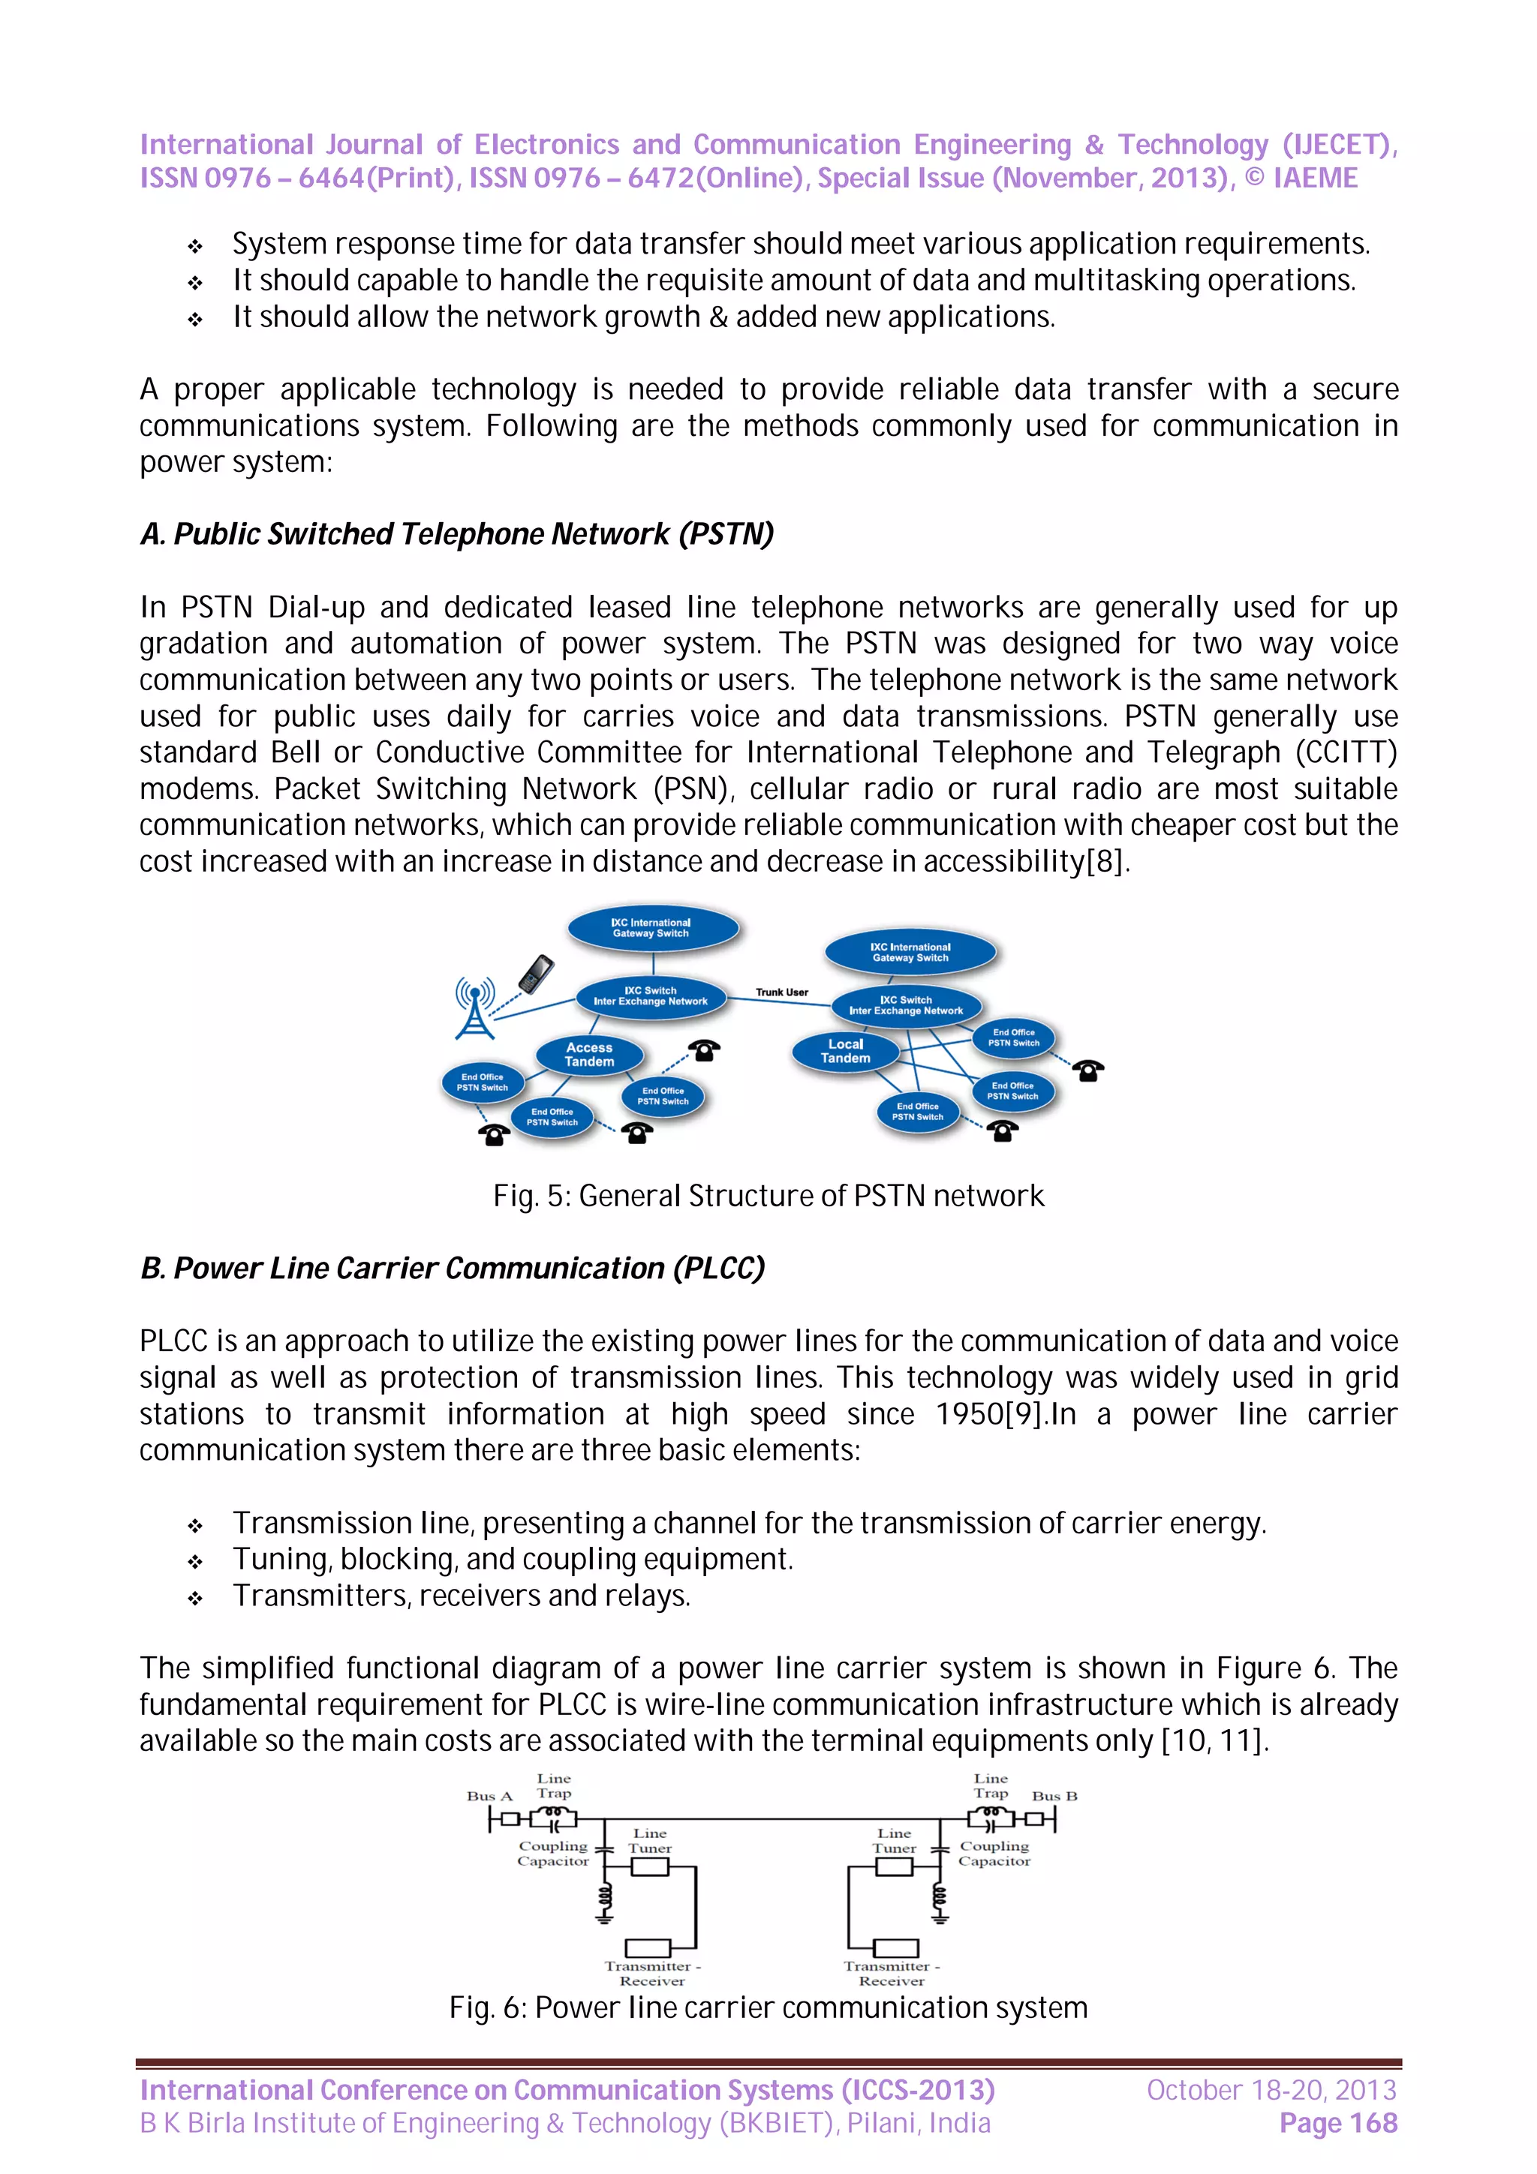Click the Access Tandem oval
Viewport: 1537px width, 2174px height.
[x=589, y=1054]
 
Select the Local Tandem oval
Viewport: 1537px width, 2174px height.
[x=845, y=1051]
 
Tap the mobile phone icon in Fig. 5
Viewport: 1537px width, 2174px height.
[x=535, y=974]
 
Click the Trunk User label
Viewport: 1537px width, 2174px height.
[x=781, y=992]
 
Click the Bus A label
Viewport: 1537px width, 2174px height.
[x=489, y=1796]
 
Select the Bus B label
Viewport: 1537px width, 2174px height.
[x=1054, y=1796]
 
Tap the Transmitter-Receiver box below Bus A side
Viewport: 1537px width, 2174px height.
[x=648, y=1947]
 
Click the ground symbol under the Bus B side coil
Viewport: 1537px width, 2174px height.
[x=940, y=1919]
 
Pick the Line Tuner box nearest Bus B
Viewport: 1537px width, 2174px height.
[x=893, y=1866]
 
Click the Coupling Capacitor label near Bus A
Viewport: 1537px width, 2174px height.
[x=553, y=1853]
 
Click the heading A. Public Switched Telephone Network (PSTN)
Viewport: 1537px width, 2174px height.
[x=456, y=534]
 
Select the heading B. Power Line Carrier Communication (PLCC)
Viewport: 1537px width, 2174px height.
[x=452, y=1268]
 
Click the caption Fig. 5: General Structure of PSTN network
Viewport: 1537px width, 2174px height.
[x=768, y=1196]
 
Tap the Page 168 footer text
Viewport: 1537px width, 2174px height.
[x=1337, y=2123]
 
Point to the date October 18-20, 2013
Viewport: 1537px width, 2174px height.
[x=1271, y=2090]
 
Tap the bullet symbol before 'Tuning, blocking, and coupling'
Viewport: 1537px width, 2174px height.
[x=195, y=1560]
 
